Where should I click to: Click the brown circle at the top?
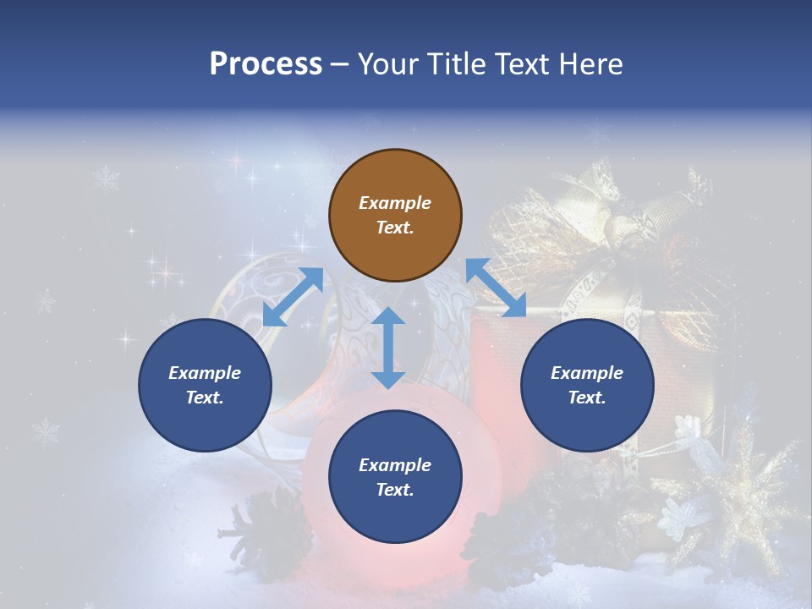(x=395, y=216)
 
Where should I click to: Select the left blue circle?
(x=205, y=385)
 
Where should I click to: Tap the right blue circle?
(x=587, y=385)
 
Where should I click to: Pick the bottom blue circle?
(x=395, y=477)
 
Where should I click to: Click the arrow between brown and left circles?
(x=293, y=297)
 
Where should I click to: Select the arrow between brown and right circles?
(x=497, y=288)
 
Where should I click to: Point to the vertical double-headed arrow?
(x=388, y=348)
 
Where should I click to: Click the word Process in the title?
(x=266, y=64)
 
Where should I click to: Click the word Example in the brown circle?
(x=395, y=203)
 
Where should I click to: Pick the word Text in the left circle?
(x=204, y=398)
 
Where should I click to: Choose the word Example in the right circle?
(x=587, y=373)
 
